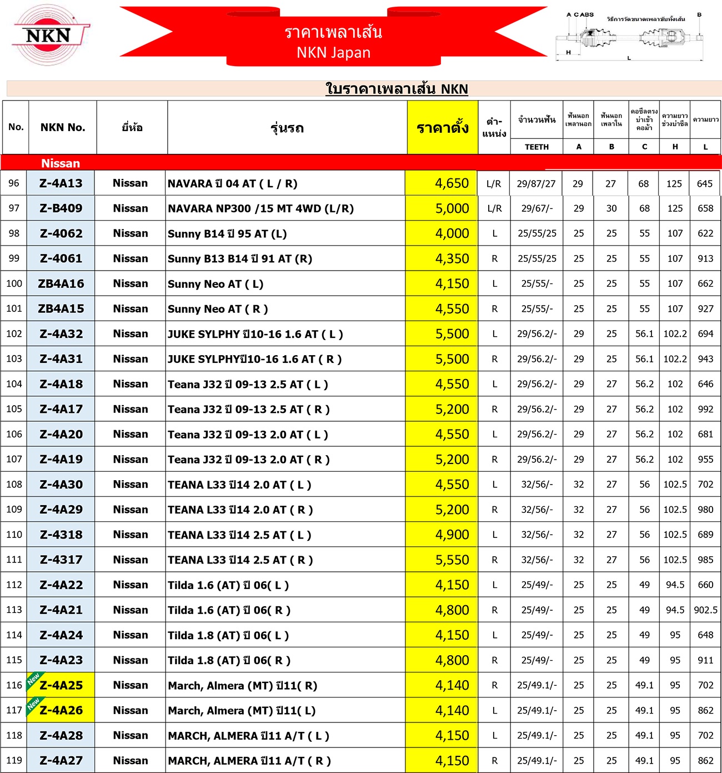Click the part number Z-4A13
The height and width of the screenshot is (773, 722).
coord(61,183)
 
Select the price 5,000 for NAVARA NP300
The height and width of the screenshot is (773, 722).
coord(452,208)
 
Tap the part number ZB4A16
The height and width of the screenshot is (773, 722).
coord(61,283)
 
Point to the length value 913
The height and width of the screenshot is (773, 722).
coord(705,258)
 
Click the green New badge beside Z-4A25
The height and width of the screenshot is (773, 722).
coord(33,680)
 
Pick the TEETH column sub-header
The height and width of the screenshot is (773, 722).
coord(537,147)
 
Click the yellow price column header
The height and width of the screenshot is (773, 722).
coord(443,128)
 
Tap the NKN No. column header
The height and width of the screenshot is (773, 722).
coord(63,127)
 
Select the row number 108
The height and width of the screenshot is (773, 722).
coord(14,484)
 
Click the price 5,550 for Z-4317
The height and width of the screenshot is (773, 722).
coord(452,560)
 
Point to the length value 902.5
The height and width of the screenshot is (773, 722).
coord(705,610)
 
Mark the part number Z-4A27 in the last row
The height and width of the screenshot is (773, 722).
coord(61,760)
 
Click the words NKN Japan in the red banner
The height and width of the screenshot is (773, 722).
coord(333,53)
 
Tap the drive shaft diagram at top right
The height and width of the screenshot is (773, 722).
coord(630,38)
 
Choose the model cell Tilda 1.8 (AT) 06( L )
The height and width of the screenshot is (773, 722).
coord(228,635)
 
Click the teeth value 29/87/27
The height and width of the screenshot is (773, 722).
coord(536,183)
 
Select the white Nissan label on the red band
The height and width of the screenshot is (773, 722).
coord(61,163)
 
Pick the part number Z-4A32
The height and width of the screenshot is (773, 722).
coord(61,334)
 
